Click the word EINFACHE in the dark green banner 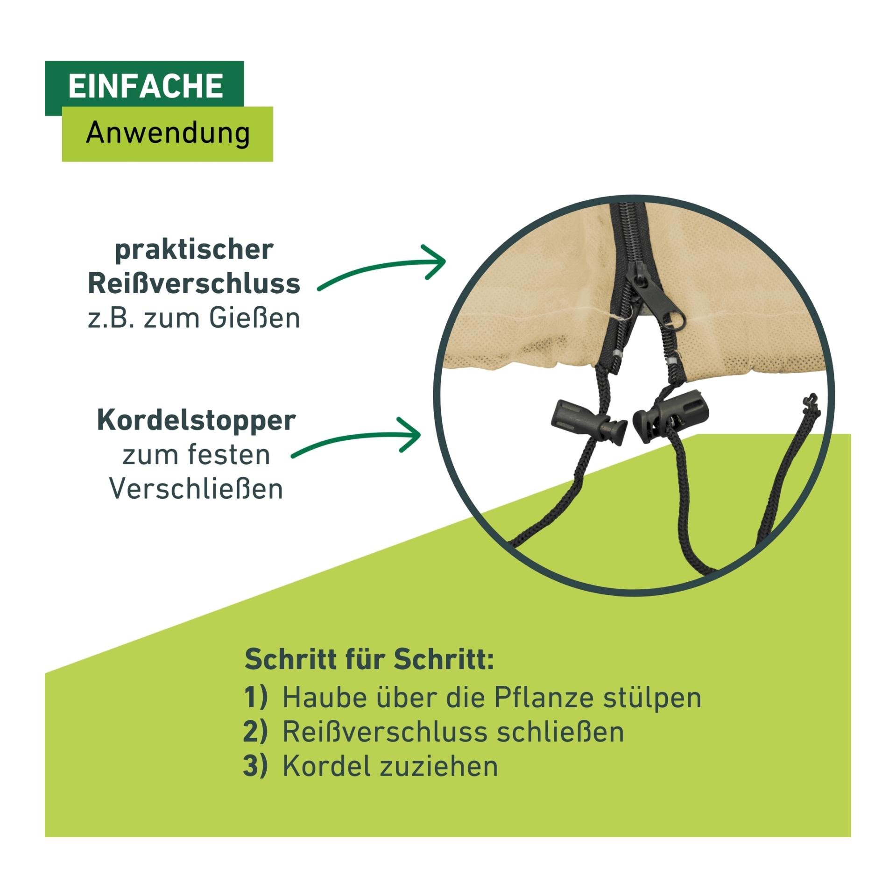click(x=146, y=86)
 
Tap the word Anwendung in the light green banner click(x=168, y=133)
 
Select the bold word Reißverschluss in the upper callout click(x=194, y=283)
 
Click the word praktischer click(x=194, y=250)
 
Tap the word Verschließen click(x=196, y=489)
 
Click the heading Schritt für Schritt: click(x=369, y=659)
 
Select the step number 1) click(x=256, y=698)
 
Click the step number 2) click(x=256, y=732)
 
